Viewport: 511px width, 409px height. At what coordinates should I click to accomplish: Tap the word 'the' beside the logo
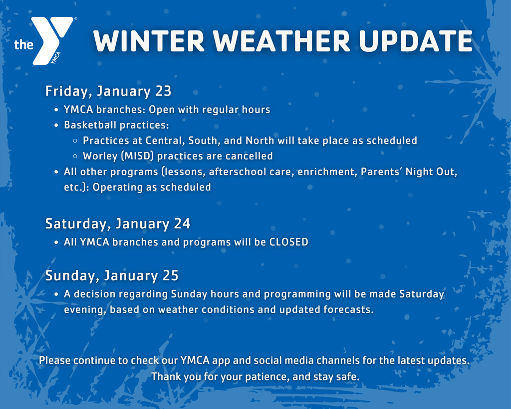[x=23, y=44]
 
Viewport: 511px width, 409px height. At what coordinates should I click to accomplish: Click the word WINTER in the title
[x=149, y=41]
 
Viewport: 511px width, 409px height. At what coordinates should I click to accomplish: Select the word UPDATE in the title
[x=416, y=41]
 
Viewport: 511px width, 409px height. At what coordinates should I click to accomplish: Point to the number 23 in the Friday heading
[x=163, y=91]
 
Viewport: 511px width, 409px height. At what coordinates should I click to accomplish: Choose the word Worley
[x=100, y=156]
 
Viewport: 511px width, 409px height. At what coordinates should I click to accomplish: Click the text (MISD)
[x=137, y=156]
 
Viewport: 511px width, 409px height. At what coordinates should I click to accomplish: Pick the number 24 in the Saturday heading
[x=182, y=224]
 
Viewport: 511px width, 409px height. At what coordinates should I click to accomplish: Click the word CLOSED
[x=289, y=242]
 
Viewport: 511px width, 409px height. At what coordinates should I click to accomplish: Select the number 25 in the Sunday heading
[x=171, y=276]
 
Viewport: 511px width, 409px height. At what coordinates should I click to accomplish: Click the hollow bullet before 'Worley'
[x=75, y=156]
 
